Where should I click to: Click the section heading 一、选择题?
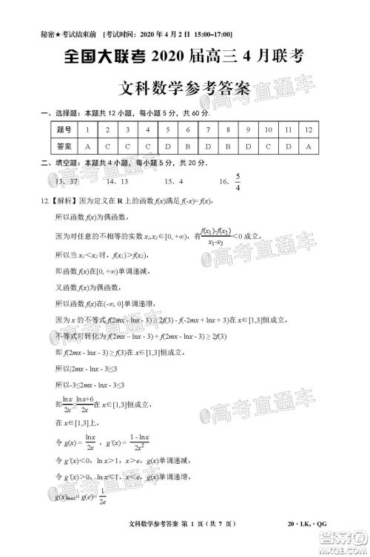(53, 112)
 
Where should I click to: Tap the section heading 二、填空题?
(53, 163)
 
